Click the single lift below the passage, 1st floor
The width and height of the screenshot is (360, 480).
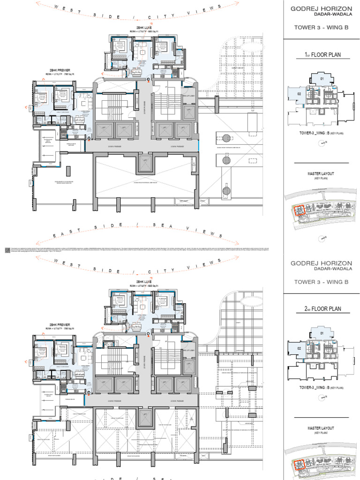click(x=145, y=165)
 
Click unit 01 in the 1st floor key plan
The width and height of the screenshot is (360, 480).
click(x=322, y=79)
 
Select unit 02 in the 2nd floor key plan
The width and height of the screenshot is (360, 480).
click(x=299, y=348)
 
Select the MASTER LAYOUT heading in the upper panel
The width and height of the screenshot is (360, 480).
click(x=321, y=174)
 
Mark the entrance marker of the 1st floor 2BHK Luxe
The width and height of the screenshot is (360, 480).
click(x=149, y=80)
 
